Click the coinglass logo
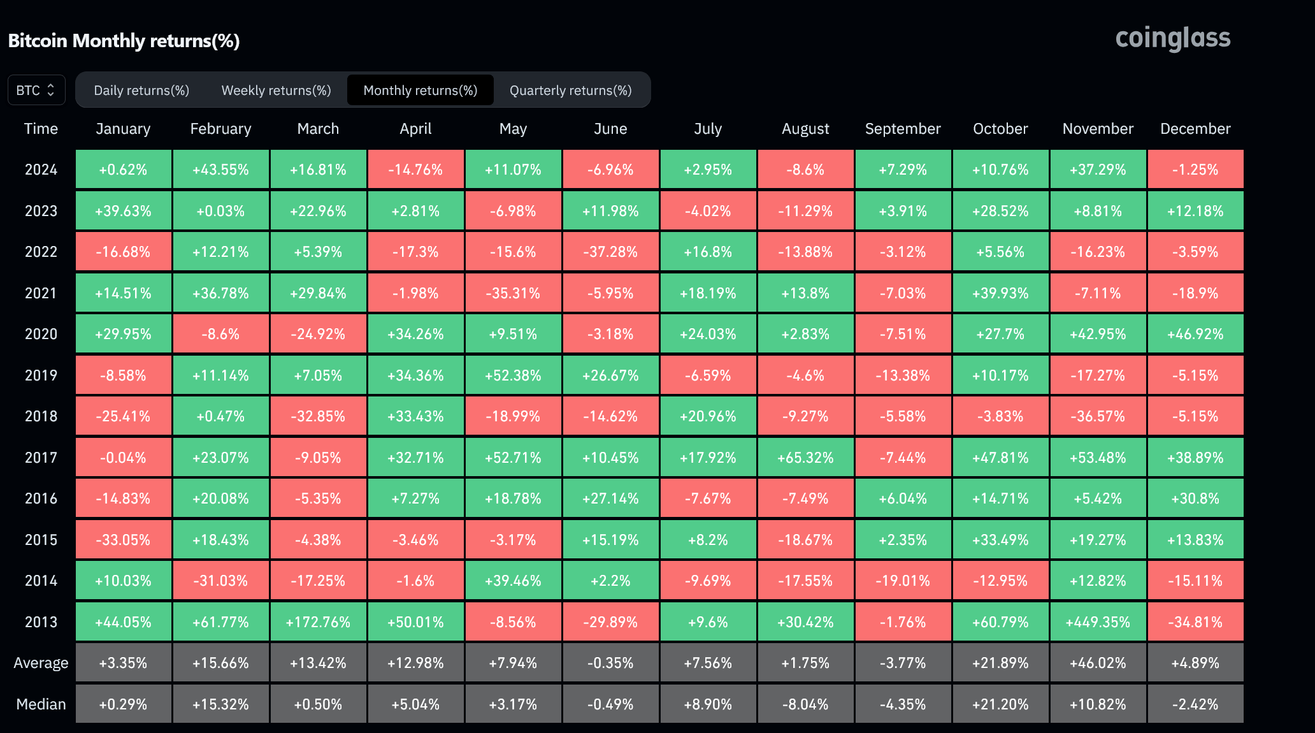tap(1173, 38)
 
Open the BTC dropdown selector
tap(36, 90)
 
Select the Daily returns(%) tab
tap(141, 90)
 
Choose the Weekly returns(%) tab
tap(276, 90)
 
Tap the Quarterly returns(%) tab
tap(571, 90)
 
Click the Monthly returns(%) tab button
tap(420, 90)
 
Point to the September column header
tap(903, 129)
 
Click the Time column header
tap(41, 129)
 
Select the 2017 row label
tap(41, 458)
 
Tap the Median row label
tap(41, 704)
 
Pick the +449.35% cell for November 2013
tap(1098, 621)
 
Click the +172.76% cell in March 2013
tap(318, 621)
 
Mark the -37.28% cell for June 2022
tap(610, 252)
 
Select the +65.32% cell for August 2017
tap(805, 458)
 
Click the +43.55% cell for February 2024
tap(220, 170)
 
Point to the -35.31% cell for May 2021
tap(513, 293)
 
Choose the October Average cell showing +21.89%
tap(1000, 663)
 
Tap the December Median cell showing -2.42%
tap(1195, 704)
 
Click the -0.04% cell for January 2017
tap(123, 458)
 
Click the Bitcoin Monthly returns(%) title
tap(124, 41)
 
